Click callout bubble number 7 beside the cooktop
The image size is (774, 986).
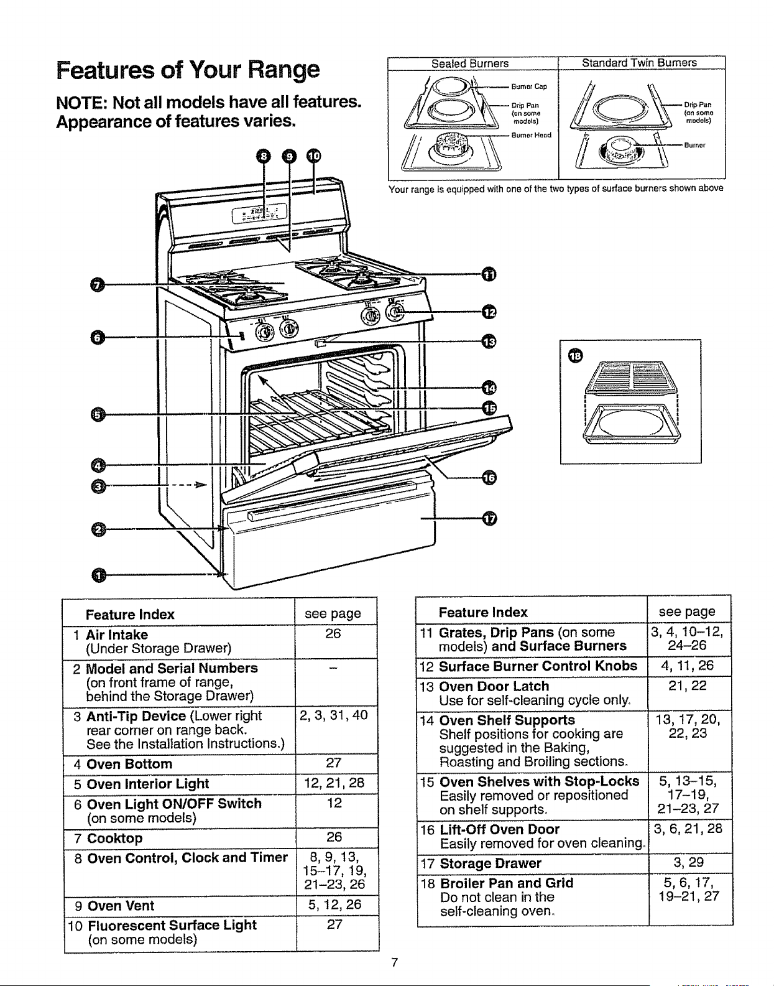coord(98,286)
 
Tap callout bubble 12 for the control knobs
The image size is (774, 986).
coord(489,312)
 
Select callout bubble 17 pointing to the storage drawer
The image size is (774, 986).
coord(489,519)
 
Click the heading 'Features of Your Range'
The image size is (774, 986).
coord(188,70)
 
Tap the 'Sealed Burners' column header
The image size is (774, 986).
coord(470,63)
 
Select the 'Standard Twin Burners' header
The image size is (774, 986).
coord(639,63)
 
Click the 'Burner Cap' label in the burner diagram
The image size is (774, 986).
coord(529,86)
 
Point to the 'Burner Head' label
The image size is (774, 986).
coord(531,135)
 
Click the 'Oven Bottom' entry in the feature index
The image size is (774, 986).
coord(129,764)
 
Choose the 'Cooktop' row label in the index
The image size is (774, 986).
coord(115,838)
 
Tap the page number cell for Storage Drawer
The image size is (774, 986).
coord(688,862)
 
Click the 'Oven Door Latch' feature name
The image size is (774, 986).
coord(494,686)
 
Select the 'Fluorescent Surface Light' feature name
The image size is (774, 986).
coord(172,925)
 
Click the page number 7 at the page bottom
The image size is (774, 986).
coord(395,962)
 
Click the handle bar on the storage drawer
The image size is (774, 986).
coord(332,501)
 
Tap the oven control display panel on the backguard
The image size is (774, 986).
coord(259,214)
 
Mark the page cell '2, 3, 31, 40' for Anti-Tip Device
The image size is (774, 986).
coord(333,715)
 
